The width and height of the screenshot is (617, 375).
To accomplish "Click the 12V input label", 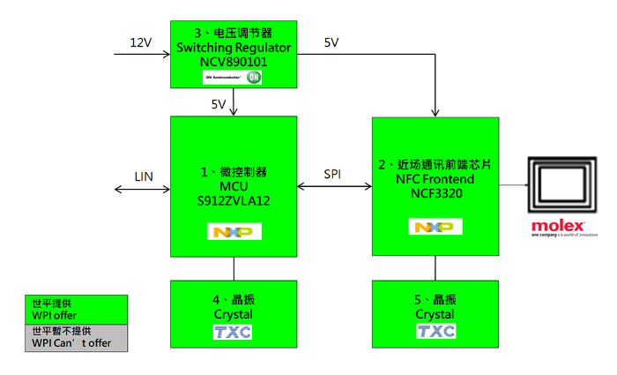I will point(140,42).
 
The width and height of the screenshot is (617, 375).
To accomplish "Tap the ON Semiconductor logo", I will point(234,78).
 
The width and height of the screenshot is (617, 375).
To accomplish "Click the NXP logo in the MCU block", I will point(234,232).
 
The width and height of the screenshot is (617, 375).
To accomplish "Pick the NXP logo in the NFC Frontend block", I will point(435,227).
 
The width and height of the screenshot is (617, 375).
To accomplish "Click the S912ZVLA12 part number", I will point(234,201).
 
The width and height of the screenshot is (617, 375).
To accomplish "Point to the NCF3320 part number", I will point(435,194).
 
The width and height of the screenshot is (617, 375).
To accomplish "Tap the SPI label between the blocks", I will point(333,174).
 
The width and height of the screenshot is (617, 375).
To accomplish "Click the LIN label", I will point(144,176).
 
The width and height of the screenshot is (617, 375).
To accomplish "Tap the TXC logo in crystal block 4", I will point(234,332).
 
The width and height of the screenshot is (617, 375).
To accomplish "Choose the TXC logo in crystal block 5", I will point(435,332).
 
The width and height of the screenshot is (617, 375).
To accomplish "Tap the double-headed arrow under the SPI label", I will point(334,186).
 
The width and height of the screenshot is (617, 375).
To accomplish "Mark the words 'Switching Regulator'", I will point(234,48).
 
